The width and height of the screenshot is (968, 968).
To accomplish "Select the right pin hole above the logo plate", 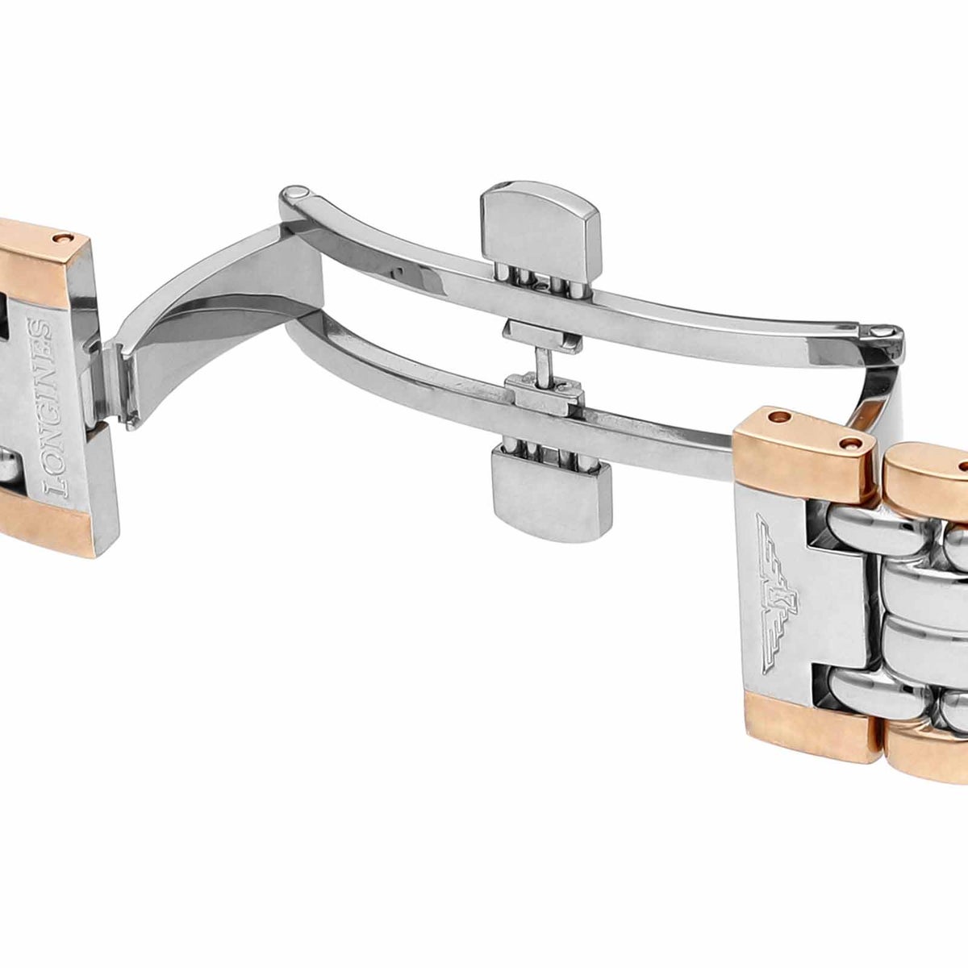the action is coord(851,443).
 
